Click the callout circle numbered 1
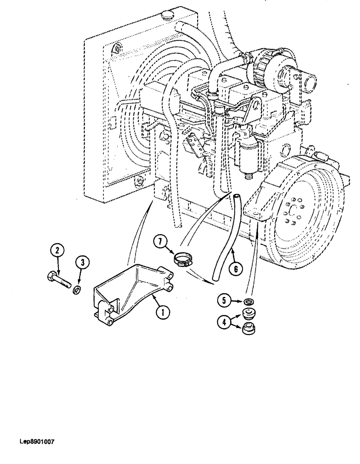(x=161, y=313)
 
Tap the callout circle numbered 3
(x=82, y=263)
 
